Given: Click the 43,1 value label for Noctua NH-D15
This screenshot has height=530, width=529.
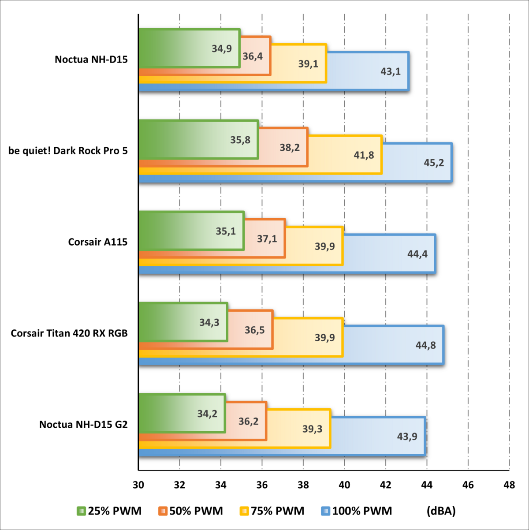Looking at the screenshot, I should pyautogui.click(x=391, y=71).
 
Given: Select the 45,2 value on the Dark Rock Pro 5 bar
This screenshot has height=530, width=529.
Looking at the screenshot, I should pyautogui.click(x=434, y=163).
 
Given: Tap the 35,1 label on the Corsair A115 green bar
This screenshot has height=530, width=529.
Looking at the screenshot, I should pyautogui.click(x=226, y=231).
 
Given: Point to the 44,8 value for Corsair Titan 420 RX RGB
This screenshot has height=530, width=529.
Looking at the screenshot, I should pyautogui.click(x=426, y=345).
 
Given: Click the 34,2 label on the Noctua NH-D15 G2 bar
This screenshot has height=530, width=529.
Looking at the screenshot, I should pyautogui.click(x=207, y=414).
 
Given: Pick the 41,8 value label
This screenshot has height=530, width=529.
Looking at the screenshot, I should pyautogui.click(x=364, y=155).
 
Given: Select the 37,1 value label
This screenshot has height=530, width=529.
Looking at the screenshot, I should pyautogui.click(x=267, y=239).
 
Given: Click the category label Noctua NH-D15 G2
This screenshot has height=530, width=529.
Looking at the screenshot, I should pyautogui.click(x=83, y=425).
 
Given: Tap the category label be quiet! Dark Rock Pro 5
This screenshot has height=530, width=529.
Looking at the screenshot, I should pyautogui.click(x=68, y=151).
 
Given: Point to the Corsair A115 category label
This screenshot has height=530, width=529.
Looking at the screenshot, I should pyautogui.click(x=98, y=242).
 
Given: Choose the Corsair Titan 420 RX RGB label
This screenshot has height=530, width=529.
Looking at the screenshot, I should pyautogui.click(x=69, y=333).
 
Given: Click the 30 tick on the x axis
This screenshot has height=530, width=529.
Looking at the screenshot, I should pyautogui.click(x=138, y=485).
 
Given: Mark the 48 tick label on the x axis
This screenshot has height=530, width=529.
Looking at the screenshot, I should pyautogui.click(x=509, y=485).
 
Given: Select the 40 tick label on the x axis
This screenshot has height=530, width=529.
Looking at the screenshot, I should pyautogui.click(x=344, y=485).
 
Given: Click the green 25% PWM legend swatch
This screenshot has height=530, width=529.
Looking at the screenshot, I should pyautogui.click(x=82, y=511).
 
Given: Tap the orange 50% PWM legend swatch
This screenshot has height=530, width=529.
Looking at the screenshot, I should pyautogui.click(x=163, y=511).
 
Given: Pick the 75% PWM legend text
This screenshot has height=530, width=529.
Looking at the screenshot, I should pyautogui.click(x=278, y=511).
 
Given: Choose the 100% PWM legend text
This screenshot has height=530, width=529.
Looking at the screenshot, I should pyautogui.click(x=362, y=511).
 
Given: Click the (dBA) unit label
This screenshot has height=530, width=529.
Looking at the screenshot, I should pyautogui.click(x=441, y=511).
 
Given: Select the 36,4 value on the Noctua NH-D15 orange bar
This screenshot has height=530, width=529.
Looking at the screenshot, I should pyautogui.click(x=253, y=56).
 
